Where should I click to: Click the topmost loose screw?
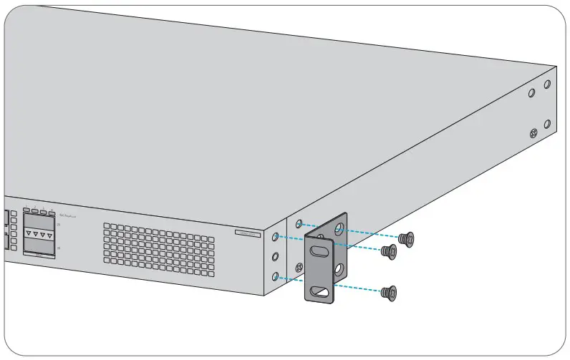(408, 238)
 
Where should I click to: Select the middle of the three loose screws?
(389, 251)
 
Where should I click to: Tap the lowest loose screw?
(390, 292)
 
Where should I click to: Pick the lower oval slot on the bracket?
(320, 292)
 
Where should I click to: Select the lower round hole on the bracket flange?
(341, 270)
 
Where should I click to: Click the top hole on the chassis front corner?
(276, 235)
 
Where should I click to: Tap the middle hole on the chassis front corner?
(276, 255)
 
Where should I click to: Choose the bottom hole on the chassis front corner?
(276, 275)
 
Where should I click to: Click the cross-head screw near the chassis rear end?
(533, 132)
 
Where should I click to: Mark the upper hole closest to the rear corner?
(547, 84)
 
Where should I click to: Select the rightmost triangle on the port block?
(49, 235)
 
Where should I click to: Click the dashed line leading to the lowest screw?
(358, 287)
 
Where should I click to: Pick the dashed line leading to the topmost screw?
(372, 235)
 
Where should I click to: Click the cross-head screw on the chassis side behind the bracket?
(320, 234)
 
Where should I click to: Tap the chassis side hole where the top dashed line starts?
(299, 223)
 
